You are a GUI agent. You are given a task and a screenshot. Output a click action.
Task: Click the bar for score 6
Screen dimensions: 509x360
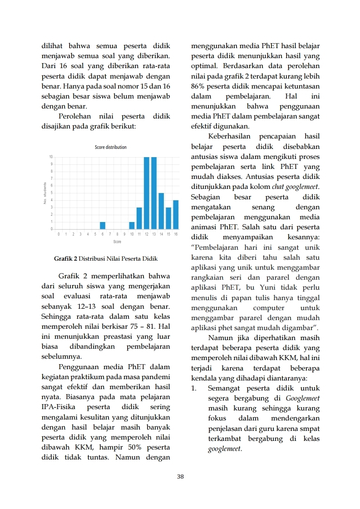(103, 225)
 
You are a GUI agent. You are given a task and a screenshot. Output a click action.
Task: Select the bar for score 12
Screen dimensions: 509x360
(147, 193)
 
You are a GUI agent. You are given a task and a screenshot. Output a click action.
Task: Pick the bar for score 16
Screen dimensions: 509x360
(176, 214)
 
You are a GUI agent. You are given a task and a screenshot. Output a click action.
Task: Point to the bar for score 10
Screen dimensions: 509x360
(132, 225)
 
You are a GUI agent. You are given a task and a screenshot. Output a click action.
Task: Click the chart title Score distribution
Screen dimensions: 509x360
(111, 147)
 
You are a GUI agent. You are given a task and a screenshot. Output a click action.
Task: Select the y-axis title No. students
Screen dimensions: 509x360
(45, 193)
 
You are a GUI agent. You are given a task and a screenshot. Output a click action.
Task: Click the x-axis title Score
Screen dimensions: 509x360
(117, 242)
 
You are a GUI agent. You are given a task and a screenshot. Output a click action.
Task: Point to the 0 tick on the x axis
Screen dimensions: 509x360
(59, 234)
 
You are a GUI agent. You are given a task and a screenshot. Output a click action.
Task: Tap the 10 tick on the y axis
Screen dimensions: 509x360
(51, 157)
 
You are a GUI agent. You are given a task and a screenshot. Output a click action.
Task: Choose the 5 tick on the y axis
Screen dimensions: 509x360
(51, 193)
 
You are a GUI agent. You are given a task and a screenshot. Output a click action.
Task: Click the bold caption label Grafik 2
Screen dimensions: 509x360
(65, 259)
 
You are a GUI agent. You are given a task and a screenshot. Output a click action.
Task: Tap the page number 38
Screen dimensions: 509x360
(180, 476)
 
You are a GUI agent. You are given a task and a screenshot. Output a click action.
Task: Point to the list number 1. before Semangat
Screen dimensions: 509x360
(194, 388)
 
